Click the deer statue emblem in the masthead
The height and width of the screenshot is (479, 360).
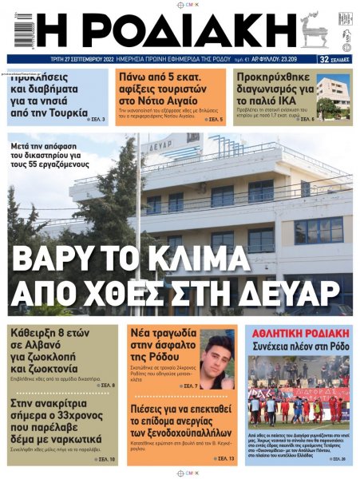[x=314, y=33]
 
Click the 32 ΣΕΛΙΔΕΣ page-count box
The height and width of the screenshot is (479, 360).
[x=334, y=59]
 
